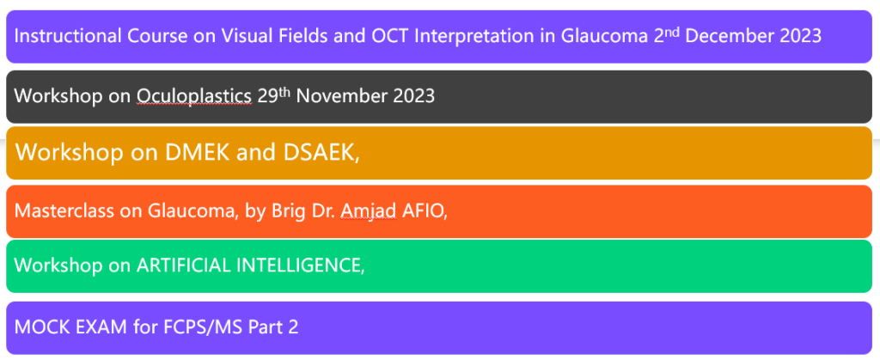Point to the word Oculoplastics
194,96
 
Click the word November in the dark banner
342,96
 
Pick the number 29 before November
267,96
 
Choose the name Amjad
369,211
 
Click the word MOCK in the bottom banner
39,326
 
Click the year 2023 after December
801,36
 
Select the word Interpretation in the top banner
480,36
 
